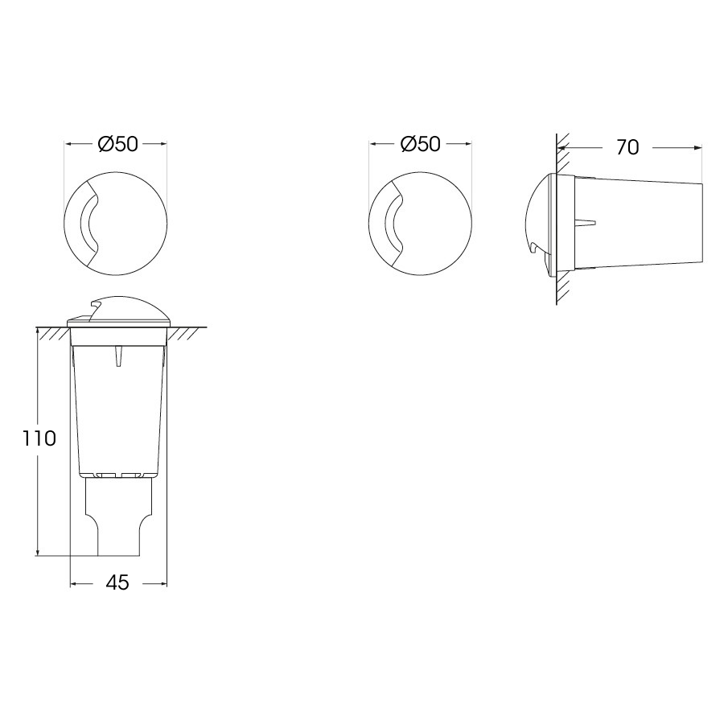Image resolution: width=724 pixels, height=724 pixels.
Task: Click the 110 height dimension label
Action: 39,438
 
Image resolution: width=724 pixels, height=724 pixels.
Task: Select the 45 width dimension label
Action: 117,582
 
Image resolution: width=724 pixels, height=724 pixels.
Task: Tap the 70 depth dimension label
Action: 627,147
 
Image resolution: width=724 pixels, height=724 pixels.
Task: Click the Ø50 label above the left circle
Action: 117,144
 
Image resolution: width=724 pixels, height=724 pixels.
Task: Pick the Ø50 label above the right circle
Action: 421,144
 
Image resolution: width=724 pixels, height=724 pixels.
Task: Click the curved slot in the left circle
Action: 83,224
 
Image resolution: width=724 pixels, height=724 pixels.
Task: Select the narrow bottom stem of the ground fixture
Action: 118,517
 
